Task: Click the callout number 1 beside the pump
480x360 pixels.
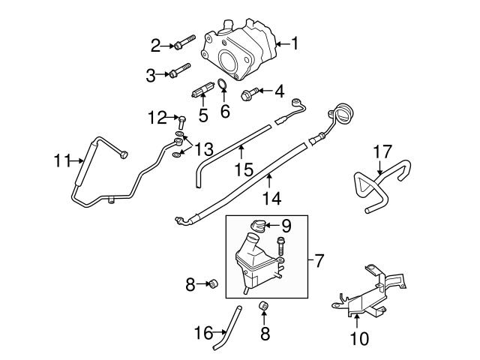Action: [295, 45]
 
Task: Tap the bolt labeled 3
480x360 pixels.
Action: [178, 73]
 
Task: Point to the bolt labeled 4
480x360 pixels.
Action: [250, 93]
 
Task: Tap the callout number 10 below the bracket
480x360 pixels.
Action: [359, 339]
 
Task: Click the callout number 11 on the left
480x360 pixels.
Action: [62, 160]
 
